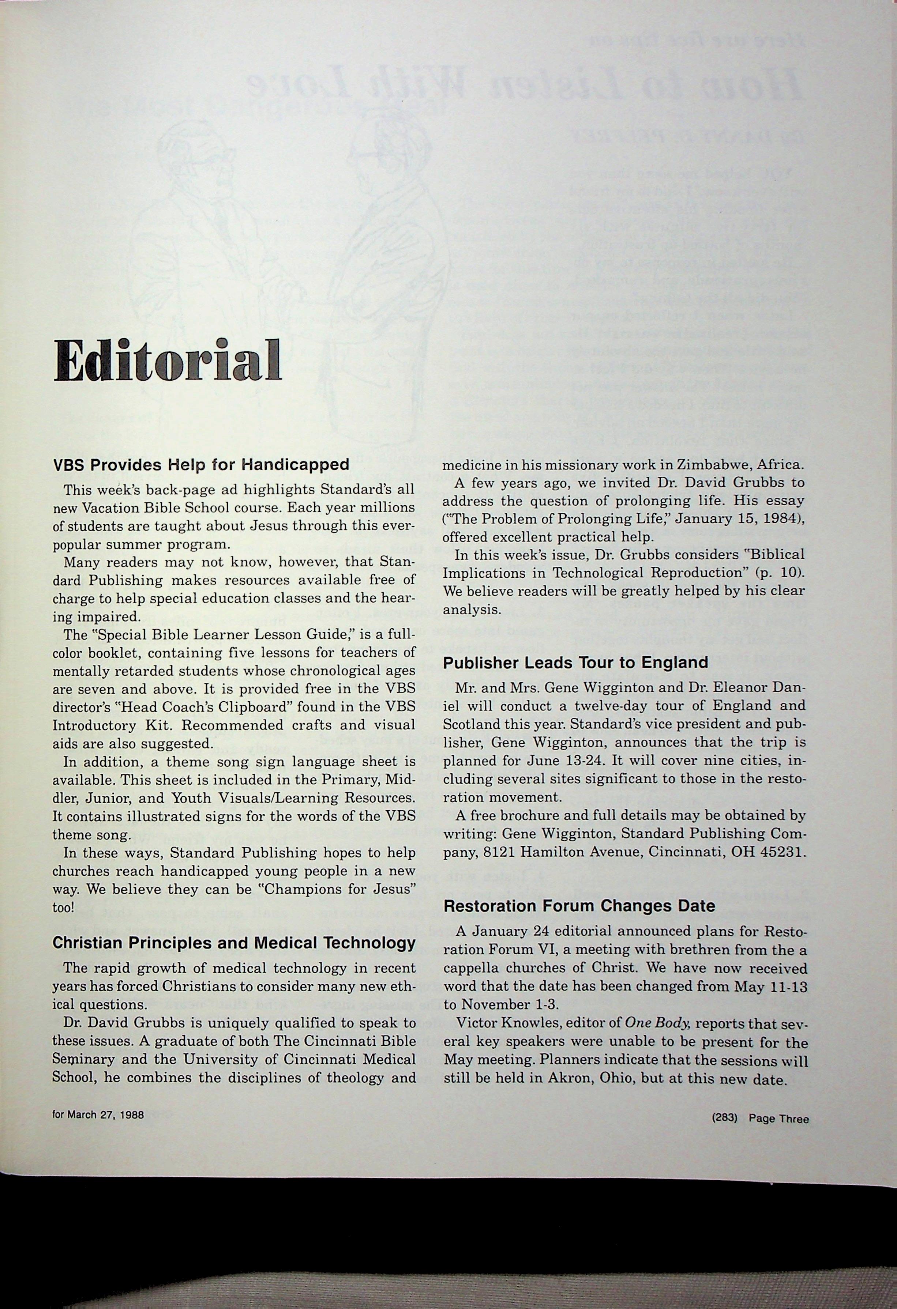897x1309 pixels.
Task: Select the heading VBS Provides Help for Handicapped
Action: [200, 465]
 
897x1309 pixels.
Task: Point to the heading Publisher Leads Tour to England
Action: [575, 663]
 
